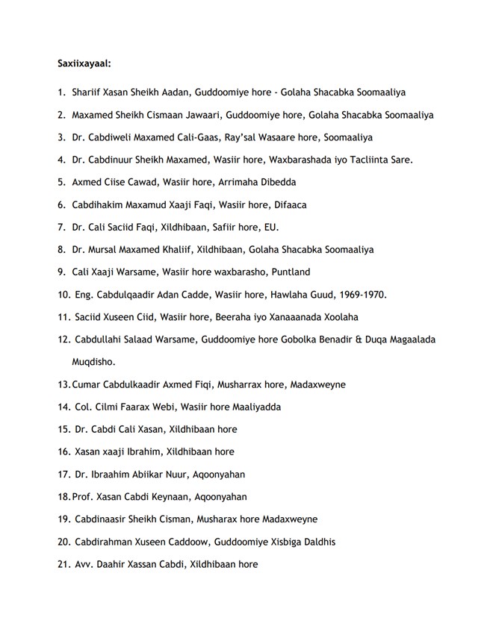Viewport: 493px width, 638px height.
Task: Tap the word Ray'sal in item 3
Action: [x=259, y=137]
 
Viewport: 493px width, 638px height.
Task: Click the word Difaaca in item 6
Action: [x=291, y=204]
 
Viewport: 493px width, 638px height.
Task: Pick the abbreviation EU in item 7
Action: [x=271, y=227]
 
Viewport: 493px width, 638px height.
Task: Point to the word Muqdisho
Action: [x=95, y=362]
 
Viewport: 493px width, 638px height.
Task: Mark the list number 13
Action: [x=63, y=384]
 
